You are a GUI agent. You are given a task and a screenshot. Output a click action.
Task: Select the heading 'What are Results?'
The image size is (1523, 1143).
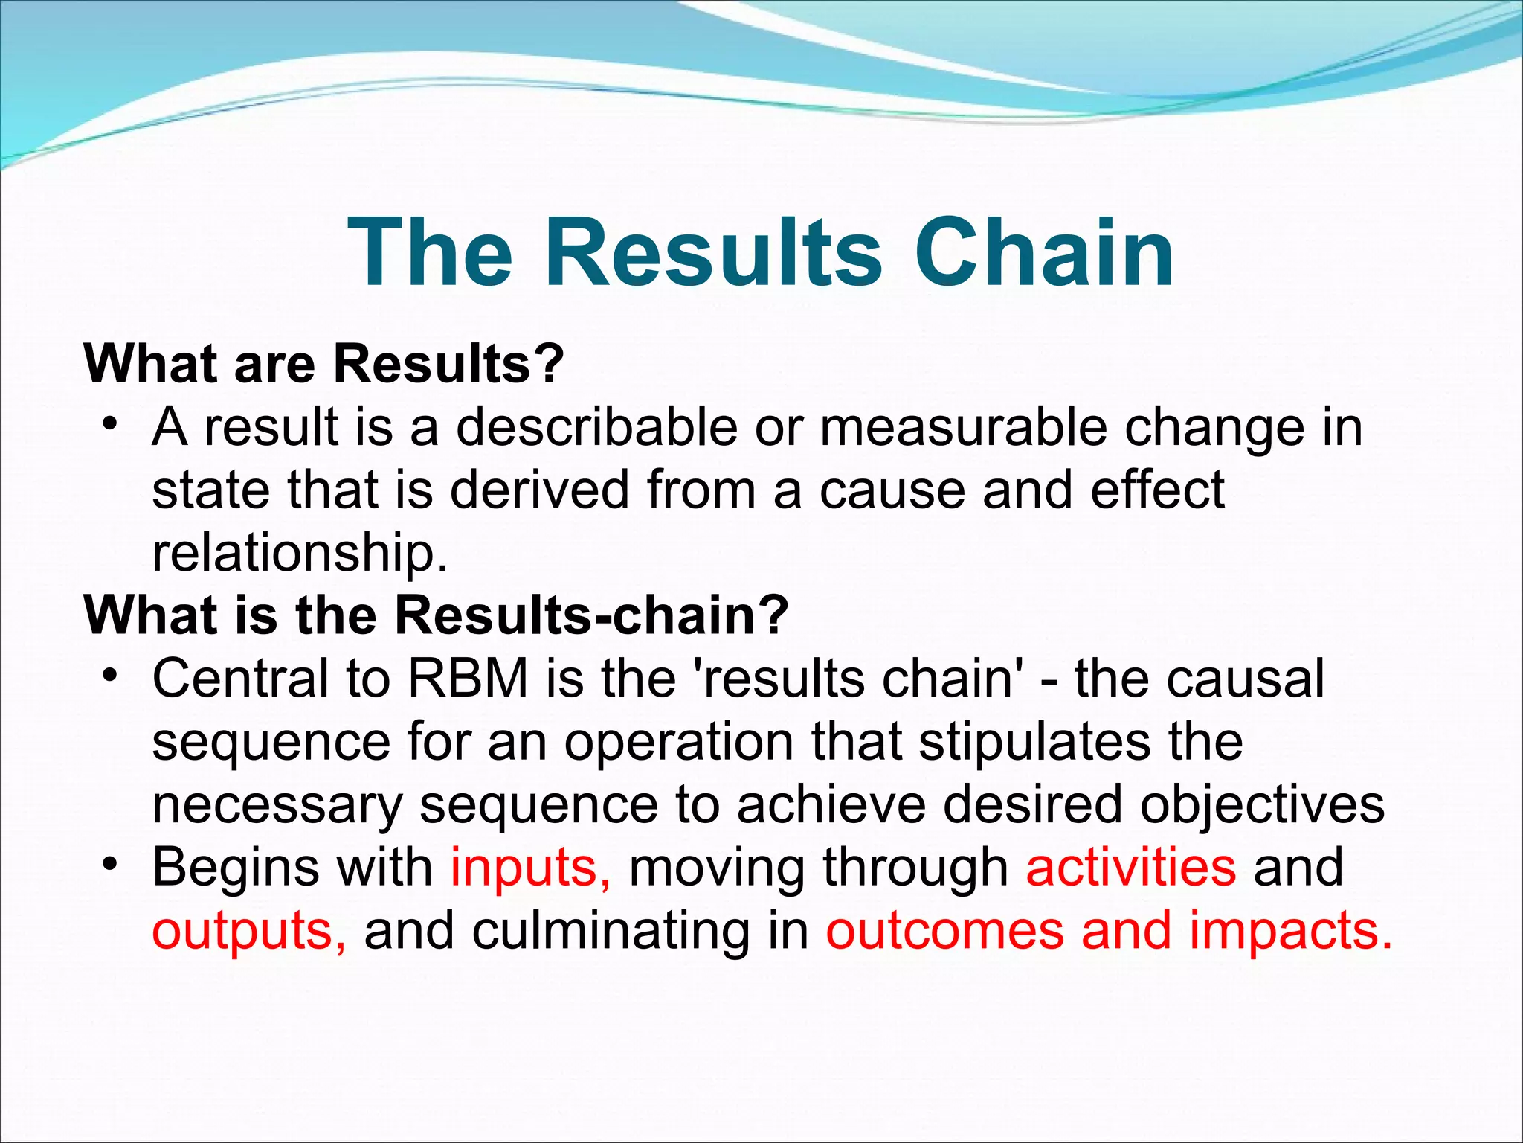[x=324, y=364]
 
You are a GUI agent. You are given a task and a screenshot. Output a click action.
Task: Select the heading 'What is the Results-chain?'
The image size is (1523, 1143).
[x=436, y=615]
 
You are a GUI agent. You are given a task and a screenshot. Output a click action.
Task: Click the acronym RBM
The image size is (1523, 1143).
[x=468, y=679]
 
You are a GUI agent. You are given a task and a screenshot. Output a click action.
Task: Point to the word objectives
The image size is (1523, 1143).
[x=1262, y=804]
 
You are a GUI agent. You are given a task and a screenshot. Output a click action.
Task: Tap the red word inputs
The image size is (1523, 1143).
[x=530, y=868]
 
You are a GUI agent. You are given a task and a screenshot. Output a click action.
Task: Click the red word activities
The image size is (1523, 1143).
[x=1130, y=868]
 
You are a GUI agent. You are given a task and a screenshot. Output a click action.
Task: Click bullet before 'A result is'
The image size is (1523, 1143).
[x=111, y=425]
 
